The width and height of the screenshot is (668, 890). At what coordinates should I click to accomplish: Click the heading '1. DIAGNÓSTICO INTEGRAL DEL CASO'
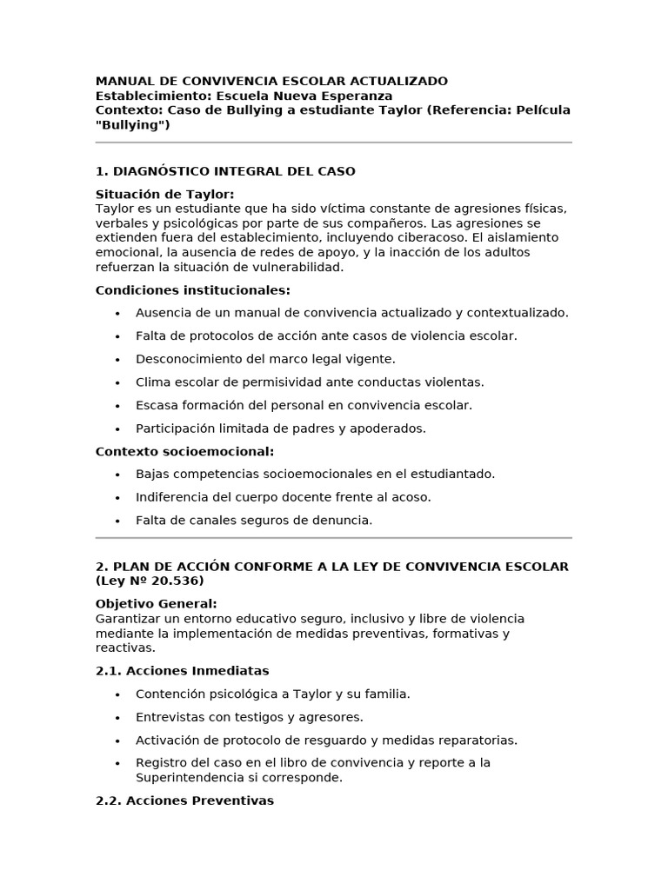225,171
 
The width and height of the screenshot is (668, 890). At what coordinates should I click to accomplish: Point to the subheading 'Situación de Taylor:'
165,194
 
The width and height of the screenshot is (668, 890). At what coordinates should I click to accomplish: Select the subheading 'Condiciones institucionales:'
193,289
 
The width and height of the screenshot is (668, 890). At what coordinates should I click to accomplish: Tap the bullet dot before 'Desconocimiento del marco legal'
117,359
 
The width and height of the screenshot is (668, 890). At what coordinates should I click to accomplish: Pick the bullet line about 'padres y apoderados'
281,428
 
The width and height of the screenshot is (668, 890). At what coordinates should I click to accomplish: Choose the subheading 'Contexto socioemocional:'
184,451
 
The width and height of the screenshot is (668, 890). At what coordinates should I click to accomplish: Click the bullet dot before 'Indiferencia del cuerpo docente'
117,497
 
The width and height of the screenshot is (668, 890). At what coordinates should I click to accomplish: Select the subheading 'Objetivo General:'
157,603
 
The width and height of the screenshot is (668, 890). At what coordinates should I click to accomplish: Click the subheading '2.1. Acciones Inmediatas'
183,671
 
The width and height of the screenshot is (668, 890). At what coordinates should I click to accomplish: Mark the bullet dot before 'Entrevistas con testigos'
117,717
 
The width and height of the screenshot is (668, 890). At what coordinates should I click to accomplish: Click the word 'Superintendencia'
189,777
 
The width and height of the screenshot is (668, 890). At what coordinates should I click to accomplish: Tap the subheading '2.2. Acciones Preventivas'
184,800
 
